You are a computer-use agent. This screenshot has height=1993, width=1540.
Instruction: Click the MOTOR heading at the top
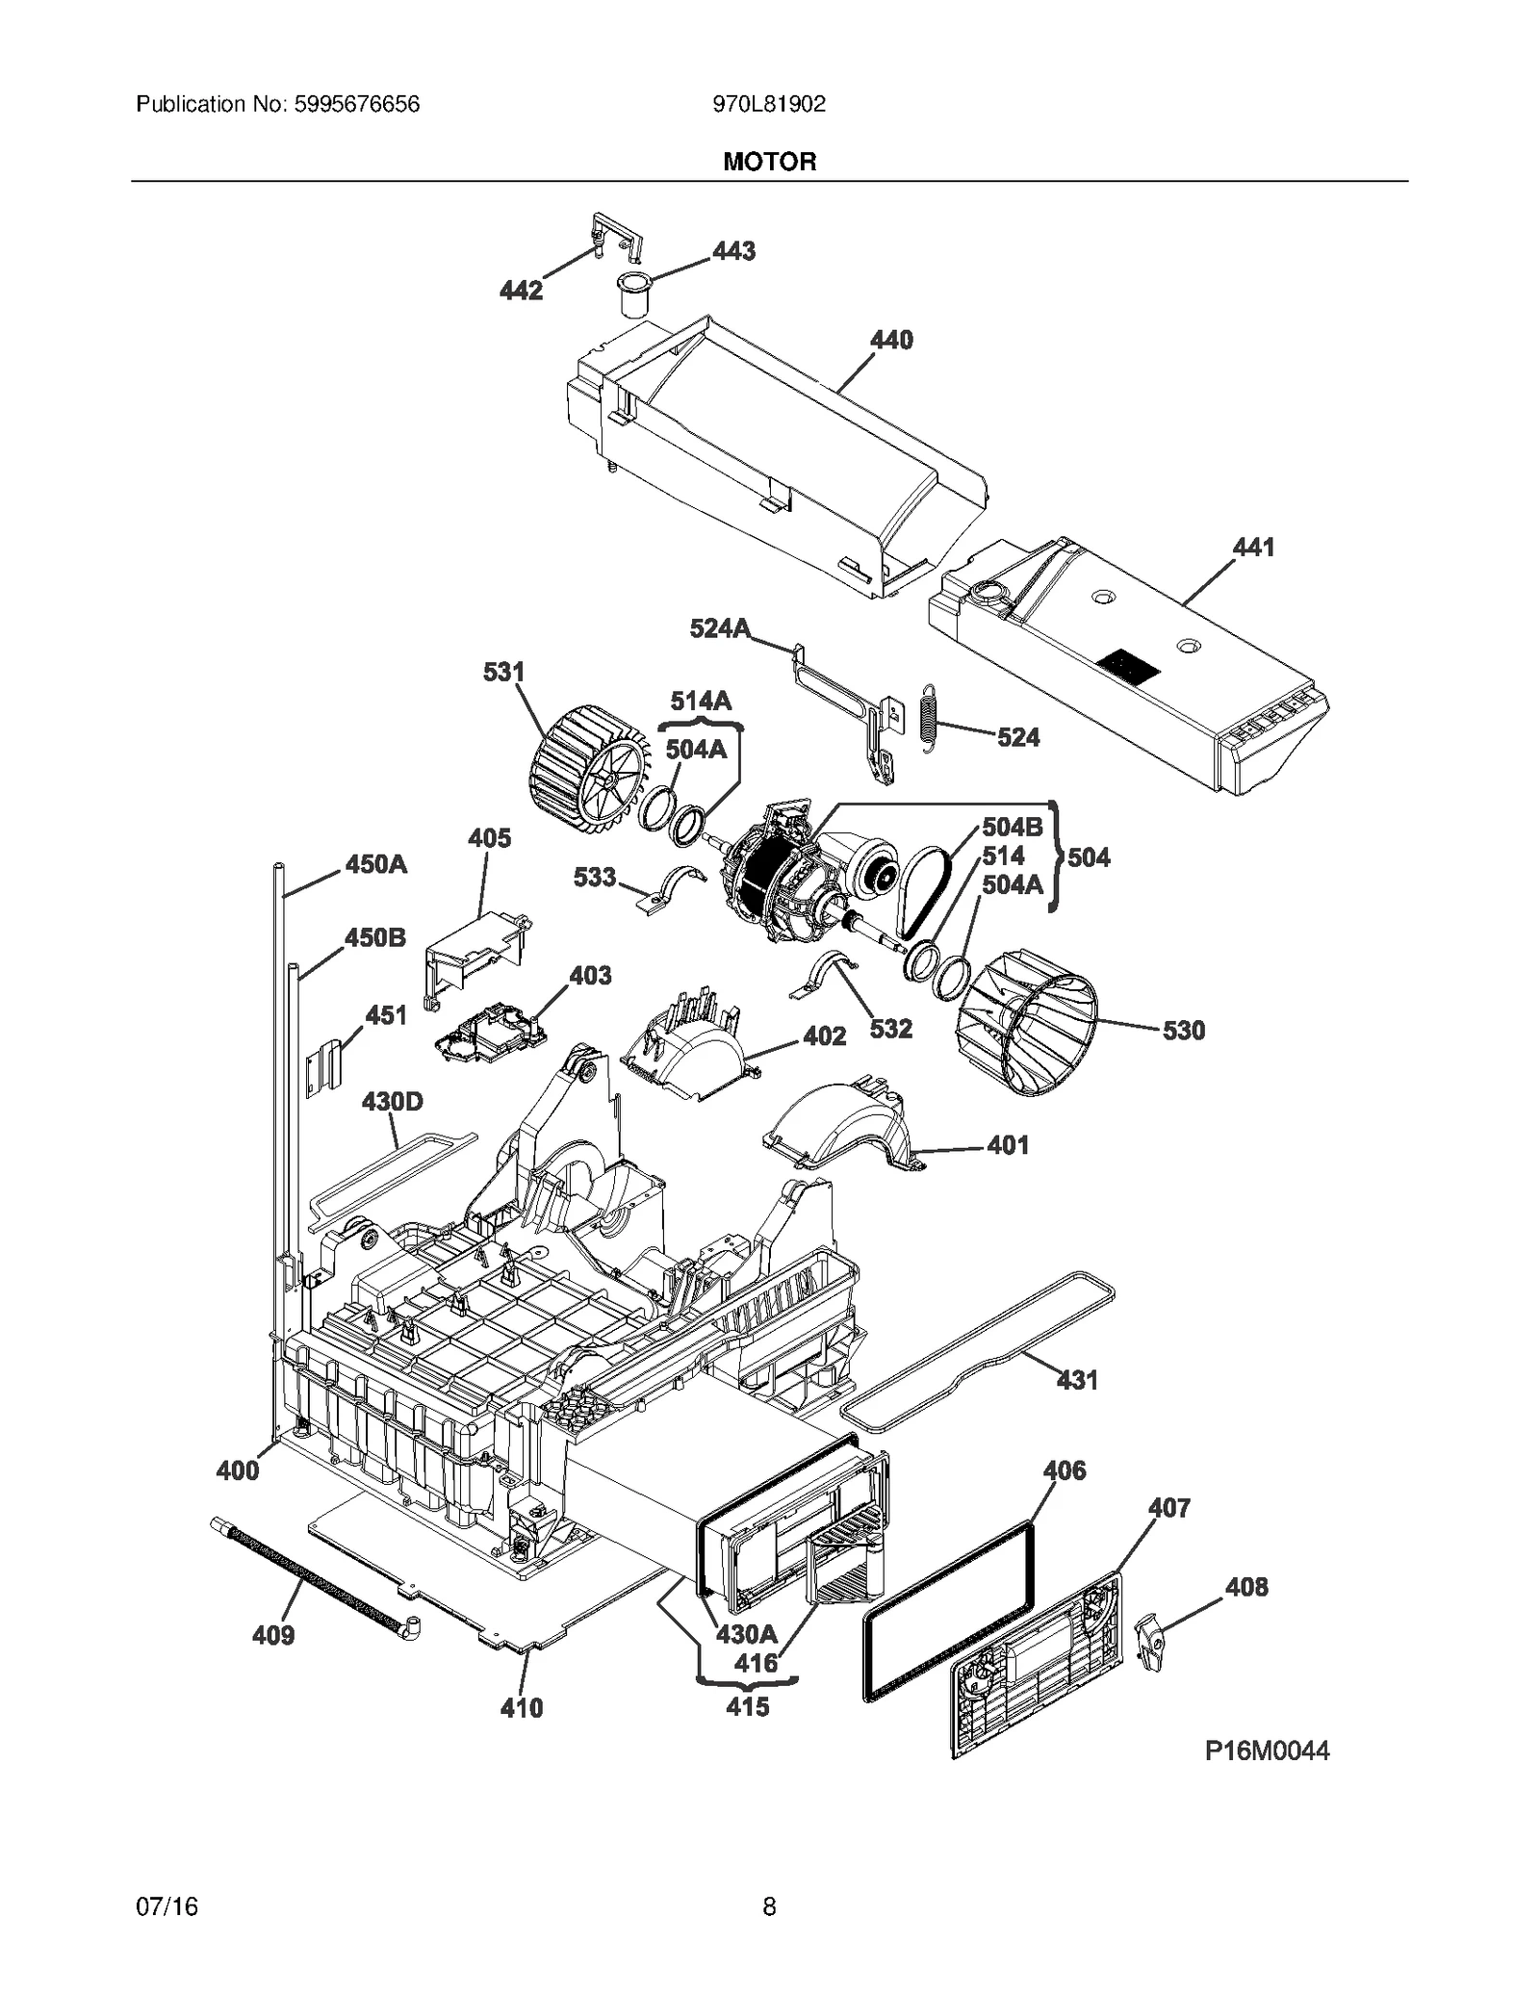[769, 162]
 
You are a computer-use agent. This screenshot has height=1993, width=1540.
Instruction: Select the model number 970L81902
[769, 104]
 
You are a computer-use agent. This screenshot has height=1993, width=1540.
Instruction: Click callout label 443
[733, 251]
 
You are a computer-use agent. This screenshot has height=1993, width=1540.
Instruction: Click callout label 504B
[1012, 828]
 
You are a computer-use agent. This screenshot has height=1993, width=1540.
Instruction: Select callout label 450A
[376, 864]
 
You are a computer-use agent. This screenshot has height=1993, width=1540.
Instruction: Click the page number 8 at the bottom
[769, 1906]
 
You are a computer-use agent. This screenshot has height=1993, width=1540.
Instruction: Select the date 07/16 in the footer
[167, 1906]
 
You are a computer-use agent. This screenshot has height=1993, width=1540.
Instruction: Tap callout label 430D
[392, 1101]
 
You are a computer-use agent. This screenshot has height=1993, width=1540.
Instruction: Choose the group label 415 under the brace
[747, 1707]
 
